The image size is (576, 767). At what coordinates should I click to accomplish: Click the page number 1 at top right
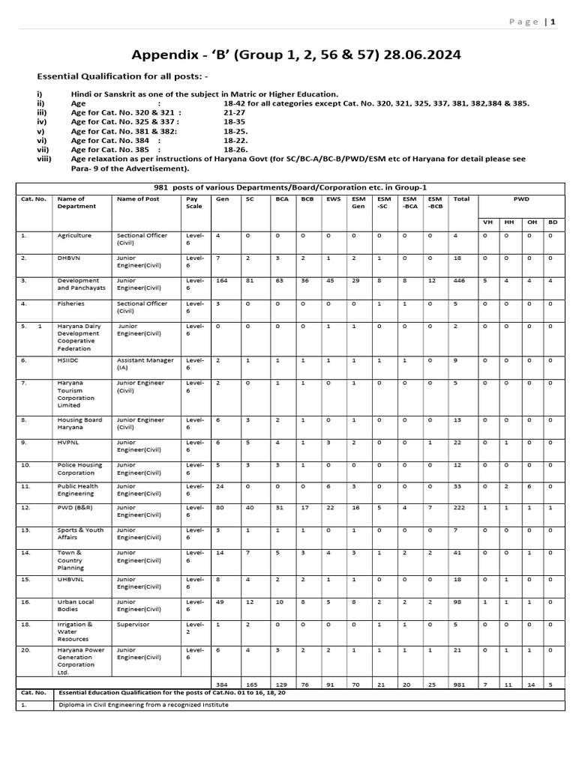point(553,22)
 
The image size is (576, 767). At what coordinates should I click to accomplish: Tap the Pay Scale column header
point(194,202)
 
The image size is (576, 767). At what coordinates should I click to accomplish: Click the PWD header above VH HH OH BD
point(520,199)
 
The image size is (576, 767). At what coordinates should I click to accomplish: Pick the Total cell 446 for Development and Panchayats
point(460,282)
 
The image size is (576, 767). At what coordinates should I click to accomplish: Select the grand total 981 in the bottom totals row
point(460,685)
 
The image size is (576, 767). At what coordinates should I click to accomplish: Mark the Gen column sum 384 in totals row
point(221,685)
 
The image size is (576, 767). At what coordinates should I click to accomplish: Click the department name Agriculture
point(74,235)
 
